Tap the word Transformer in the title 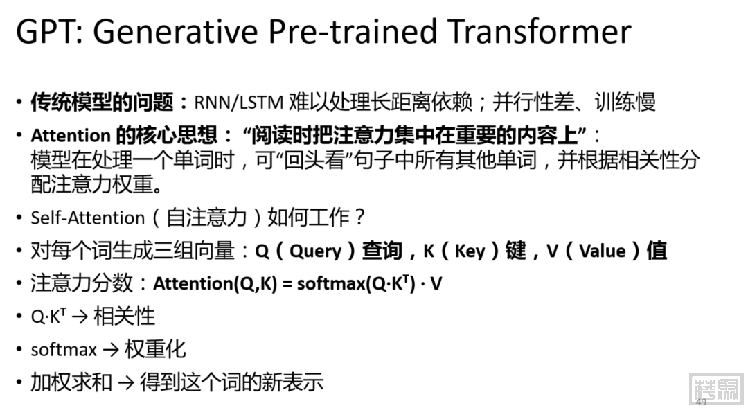pos(540,31)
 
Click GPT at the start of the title pos(47,31)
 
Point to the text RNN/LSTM pos(238,102)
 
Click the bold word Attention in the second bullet pos(71,136)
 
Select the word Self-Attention pos(88,218)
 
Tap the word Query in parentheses pos(316,251)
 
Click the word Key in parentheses pos(470,251)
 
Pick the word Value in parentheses pos(603,251)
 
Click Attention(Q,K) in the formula pos(215,284)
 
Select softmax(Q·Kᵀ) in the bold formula pos(357,284)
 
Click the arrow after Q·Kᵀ pos(80,317)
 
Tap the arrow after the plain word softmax pos(111,351)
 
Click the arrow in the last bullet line pos(126,382)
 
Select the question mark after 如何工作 pos(359,218)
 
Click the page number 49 pos(701,402)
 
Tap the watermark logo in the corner pos(717,389)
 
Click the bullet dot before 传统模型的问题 pos(19,102)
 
